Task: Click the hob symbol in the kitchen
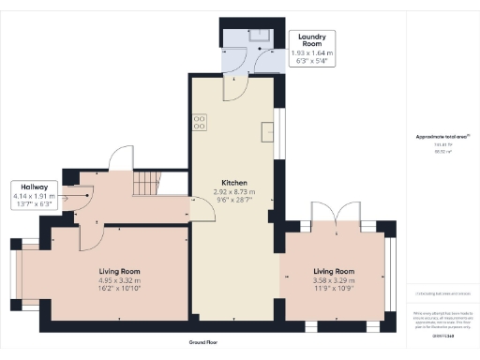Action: click(200, 123)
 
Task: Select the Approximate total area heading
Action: click(441, 137)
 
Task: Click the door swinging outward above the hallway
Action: click(122, 159)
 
